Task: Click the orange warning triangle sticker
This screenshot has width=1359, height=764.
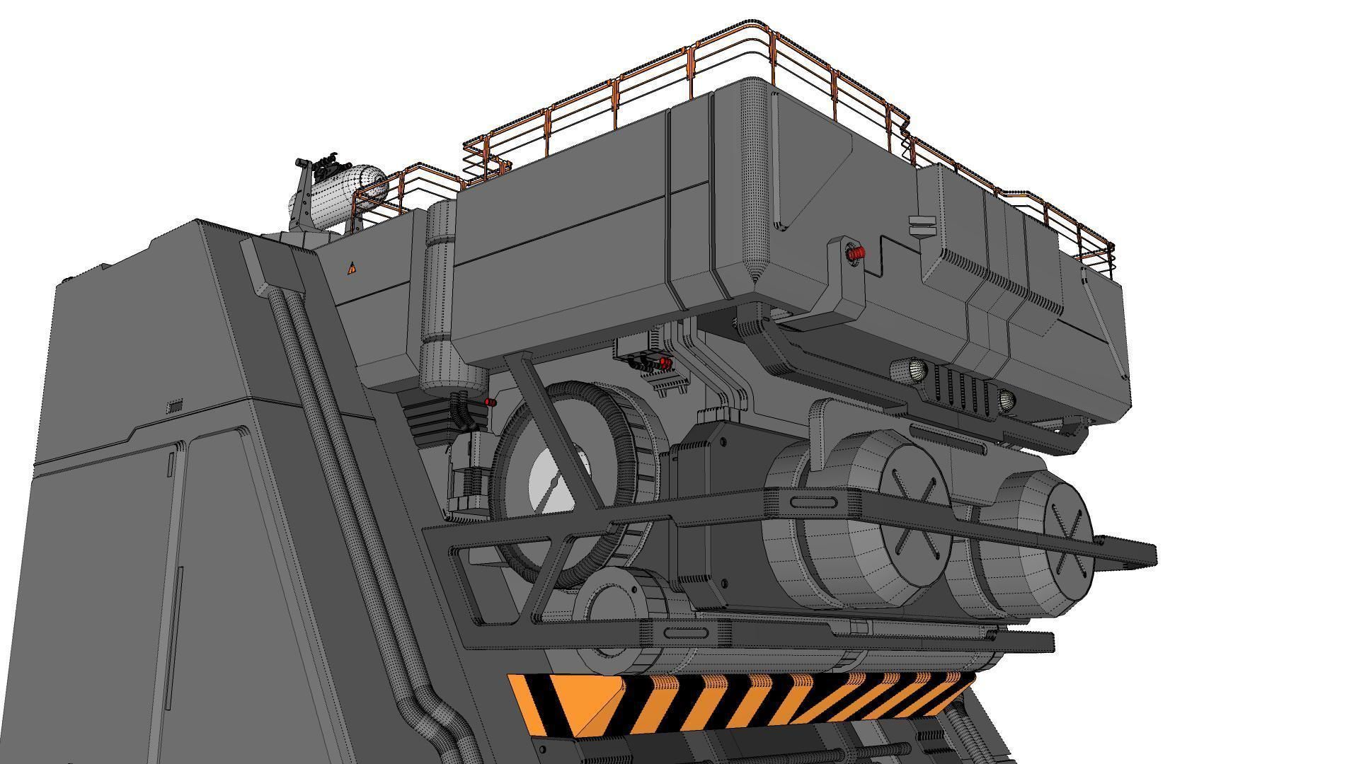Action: point(352,268)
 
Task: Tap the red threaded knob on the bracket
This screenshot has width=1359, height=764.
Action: point(856,253)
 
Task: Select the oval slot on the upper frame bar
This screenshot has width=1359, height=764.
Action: point(814,503)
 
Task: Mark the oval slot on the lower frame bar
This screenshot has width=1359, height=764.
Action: point(682,632)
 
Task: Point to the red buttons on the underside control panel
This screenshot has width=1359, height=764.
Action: point(655,364)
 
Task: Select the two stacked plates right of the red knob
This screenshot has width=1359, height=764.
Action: point(922,224)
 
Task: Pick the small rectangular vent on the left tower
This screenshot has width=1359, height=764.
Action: point(174,406)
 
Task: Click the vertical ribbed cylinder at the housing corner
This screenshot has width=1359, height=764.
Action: point(439,297)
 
